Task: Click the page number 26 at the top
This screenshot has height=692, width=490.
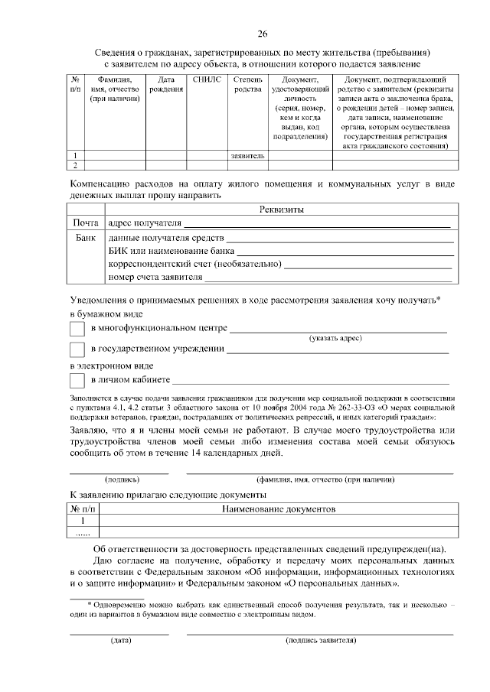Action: (x=262, y=33)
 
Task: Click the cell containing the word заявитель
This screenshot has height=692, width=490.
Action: (x=247, y=155)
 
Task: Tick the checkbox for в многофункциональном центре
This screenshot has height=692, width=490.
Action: (x=77, y=329)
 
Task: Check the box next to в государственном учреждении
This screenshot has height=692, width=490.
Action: (x=77, y=350)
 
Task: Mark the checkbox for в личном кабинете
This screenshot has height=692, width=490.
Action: (x=77, y=380)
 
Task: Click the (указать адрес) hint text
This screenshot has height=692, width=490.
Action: (x=335, y=338)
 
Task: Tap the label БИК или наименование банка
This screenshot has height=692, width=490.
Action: (x=171, y=251)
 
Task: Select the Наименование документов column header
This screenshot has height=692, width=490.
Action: (x=279, y=508)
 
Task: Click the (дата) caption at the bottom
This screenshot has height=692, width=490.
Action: (x=119, y=639)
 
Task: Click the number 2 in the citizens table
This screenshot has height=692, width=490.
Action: (x=75, y=164)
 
